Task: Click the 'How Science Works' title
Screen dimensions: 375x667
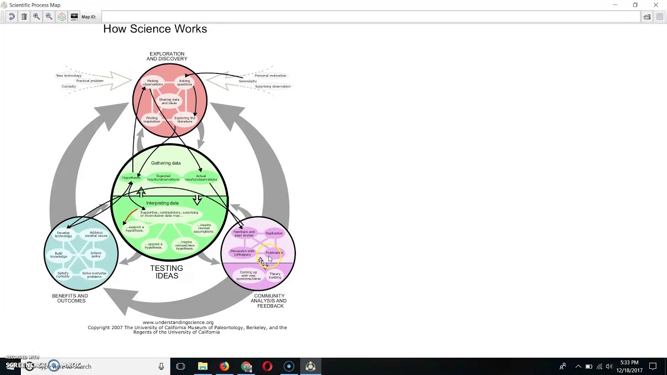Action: point(155,29)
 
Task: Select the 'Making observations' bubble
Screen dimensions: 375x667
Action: point(153,82)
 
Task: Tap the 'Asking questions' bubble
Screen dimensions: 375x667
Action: point(184,82)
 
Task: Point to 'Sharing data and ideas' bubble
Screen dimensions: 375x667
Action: point(169,101)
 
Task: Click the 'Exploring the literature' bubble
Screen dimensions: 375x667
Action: point(184,119)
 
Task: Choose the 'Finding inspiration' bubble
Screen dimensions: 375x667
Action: point(152,119)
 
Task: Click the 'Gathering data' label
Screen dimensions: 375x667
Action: point(166,163)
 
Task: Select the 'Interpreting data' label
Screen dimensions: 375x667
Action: point(162,203)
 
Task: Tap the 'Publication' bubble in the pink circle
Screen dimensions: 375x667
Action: point(274,253)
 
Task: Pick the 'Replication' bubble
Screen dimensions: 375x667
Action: point(274,233)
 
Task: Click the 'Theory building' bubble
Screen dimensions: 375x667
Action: point(275,276)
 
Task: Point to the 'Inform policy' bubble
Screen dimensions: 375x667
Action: point(96,255)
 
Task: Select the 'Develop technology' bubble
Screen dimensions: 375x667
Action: point(63,234)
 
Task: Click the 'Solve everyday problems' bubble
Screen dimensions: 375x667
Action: point(94,274)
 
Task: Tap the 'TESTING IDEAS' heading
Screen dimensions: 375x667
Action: point(167,272)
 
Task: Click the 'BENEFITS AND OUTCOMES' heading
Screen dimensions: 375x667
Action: point(70,298)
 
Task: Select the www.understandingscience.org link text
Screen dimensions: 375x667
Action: point(178,322)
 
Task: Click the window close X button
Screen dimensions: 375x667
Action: point(656,5)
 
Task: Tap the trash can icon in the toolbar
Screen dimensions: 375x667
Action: point(24,17)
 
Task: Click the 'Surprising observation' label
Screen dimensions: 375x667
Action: point(273,86)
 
